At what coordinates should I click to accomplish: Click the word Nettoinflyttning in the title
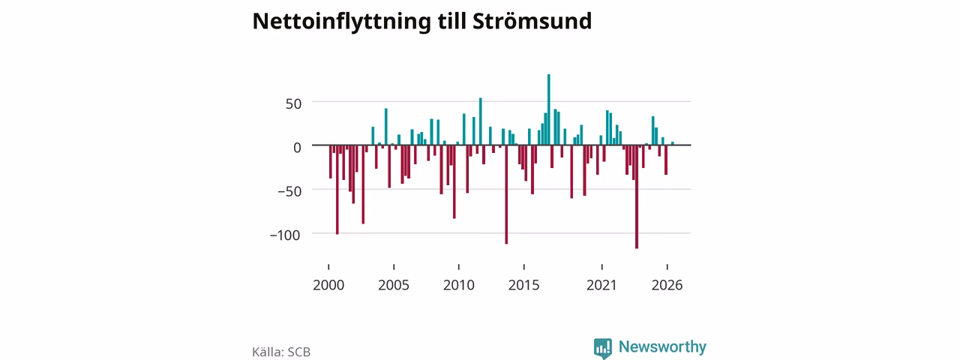pos(341,22)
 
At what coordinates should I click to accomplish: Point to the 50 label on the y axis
pos(293,103)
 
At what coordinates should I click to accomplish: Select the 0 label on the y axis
pos(298,148)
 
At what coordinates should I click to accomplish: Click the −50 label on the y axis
pos(289,191)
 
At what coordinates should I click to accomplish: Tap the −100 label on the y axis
pos(285,235)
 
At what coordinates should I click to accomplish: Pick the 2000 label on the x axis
pos(328,285)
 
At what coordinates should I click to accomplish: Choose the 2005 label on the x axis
pos(394,285)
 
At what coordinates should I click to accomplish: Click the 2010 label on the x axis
pos(459,285)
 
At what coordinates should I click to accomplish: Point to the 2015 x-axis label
pos(524,285)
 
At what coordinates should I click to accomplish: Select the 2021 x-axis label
pos(601,285)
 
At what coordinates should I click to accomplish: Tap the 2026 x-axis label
pos(667,285)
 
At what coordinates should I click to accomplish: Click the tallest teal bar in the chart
pos(549,109)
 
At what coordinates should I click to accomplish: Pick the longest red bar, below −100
pos(637,196)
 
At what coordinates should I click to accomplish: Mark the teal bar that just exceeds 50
pos(481,121)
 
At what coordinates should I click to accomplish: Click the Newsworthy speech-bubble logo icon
pos(602,348)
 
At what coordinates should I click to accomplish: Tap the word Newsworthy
pos(662,346)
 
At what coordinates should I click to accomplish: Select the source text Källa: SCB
pos(281,352)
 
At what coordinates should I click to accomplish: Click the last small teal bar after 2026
pos(673,143)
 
